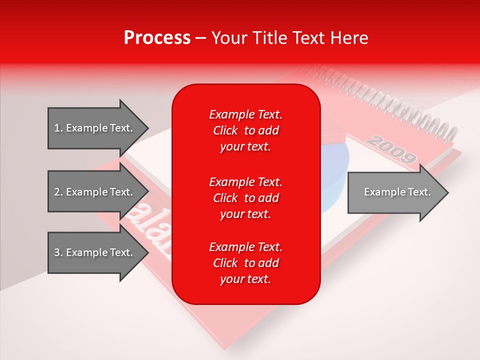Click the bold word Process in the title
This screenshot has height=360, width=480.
tap(157, 38)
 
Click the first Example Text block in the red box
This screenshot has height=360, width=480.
tap(245, 130)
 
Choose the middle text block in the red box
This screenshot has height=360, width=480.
tap(245, 197)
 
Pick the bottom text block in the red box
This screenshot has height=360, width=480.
tap(245, 263)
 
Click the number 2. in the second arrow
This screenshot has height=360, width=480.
tap(58, 192)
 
